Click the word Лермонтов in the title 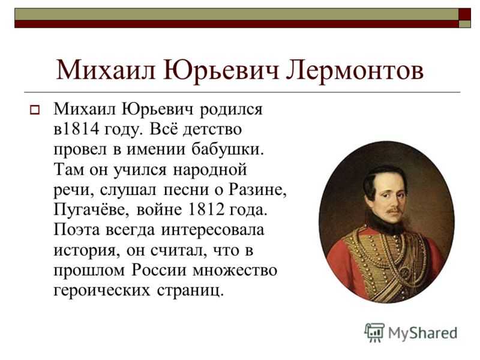tap(355, 70)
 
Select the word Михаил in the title tap(106, 70)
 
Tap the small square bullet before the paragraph tap(35, 110)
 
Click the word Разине tap(257, 190)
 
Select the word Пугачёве tap(91, 211)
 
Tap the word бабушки tap(227, 149)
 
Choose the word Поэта tap(77, 230)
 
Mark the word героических tap(102, 291)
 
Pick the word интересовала tap(212, 230)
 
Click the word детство tap(212, 130)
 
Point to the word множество tap(235, 271)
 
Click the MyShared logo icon tap(374, 332)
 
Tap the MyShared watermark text tap(423, 333)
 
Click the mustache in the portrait tap(394, 211)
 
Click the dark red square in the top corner tap(464, 14)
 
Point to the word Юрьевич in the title tap(221, 70)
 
